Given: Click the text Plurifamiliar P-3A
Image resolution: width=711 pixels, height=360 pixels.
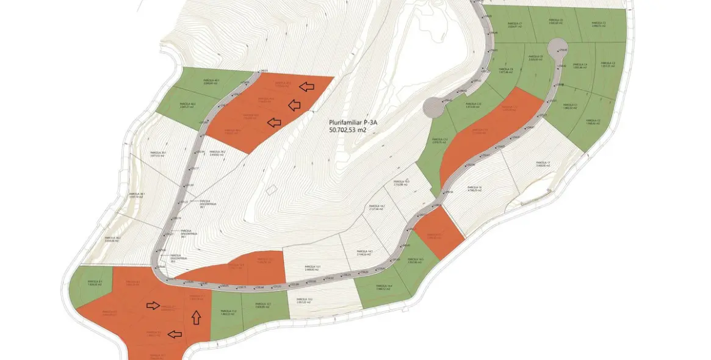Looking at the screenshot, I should click(354, 122).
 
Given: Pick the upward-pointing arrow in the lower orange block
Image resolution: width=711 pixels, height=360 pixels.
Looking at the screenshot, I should click(196, 317).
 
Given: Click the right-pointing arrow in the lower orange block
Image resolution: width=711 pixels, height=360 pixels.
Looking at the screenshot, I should click(154, 305).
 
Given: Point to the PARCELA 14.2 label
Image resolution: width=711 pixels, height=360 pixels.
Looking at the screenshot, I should click(377, 208).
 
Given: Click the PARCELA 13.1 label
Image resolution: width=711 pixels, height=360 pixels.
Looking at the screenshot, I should click(312, 268).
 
